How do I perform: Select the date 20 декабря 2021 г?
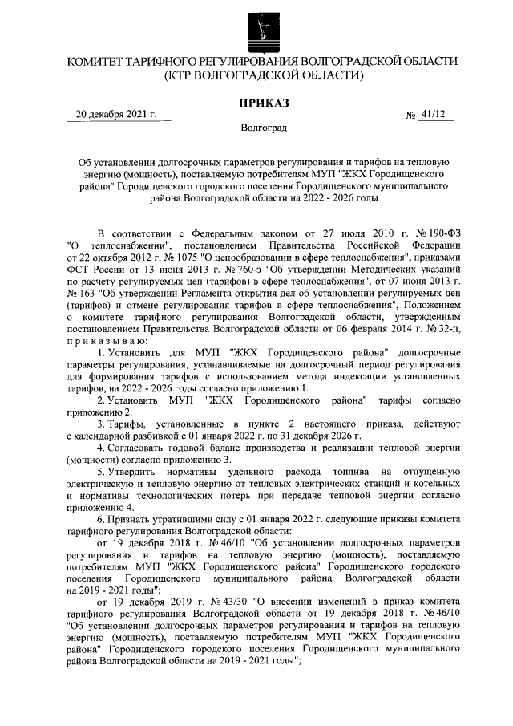tap(115, 114)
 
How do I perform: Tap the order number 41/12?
tap(437, 114)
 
